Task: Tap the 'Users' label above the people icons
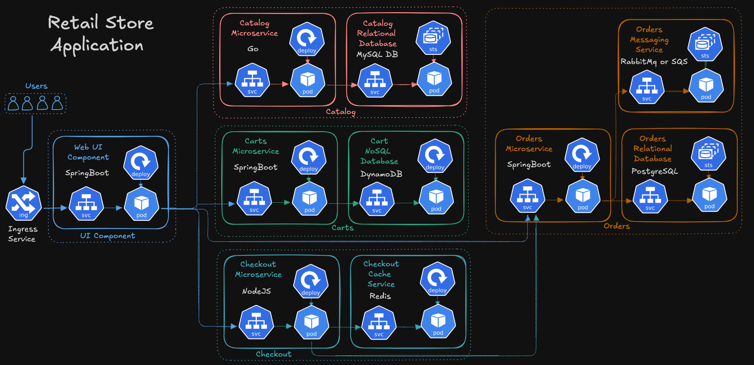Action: coord(36,86)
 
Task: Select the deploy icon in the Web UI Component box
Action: coord(141,162)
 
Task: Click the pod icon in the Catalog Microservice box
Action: coord(307,80)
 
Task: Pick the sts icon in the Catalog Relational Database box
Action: coord(433,38)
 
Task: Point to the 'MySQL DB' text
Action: coord(377,54)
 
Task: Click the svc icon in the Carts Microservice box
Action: coord(254,198)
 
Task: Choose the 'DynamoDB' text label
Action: coord(381,174)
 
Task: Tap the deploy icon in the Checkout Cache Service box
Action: coord(437,279)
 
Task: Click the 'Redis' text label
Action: coord(380,296)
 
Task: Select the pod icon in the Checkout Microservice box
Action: coord(311,322)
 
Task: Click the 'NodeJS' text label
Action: coord(256,291)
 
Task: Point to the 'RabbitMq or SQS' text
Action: coord(654,62)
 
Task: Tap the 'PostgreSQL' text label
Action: coord(654,171)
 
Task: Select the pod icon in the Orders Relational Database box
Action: coord(709,195)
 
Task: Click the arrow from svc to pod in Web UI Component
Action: coord(114,208)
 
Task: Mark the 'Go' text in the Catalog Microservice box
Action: coord(253,49)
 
